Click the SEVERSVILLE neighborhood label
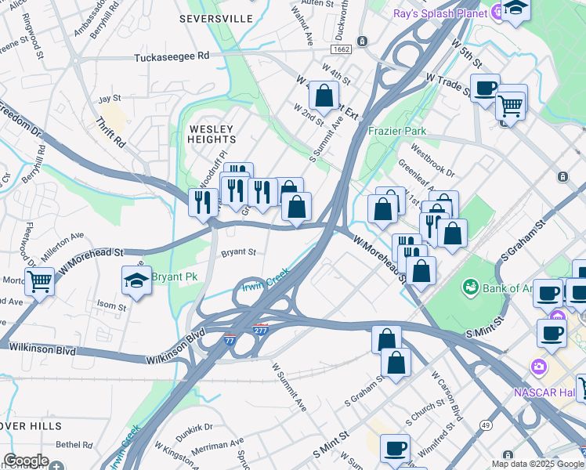click(x=215, y=17)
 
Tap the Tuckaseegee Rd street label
click(x=172, y=56)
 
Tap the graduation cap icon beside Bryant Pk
click(x=136, y=281)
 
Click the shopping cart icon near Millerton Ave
click(x=39, y=280)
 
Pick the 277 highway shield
click(x=261, y=330)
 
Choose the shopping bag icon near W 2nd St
click(x=324, y=96)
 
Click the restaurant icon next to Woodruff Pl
click(x=203, y=202)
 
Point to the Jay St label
click(x=110, y=99)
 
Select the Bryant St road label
click(x=238, y=252)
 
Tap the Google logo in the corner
click(x=26, y=461)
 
